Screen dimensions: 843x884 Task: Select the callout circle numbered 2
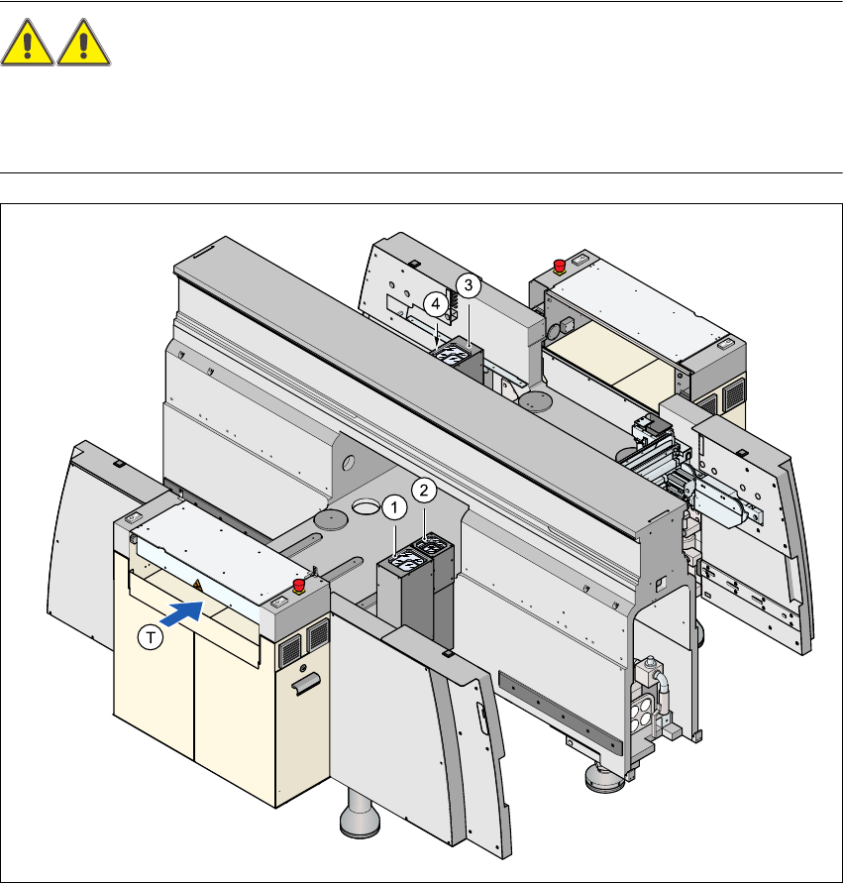pyautogui.click(x=424, y=490)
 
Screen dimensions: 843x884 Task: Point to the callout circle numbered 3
pyautogui.click(x=468, y=284)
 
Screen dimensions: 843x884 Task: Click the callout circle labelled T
pyautogui.click(x=150, y=639)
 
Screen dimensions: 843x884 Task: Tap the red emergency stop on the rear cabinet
pyautogui.click(x=559, y=265)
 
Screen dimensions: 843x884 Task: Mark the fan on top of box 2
pyautogui.click(x=434, y=544)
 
